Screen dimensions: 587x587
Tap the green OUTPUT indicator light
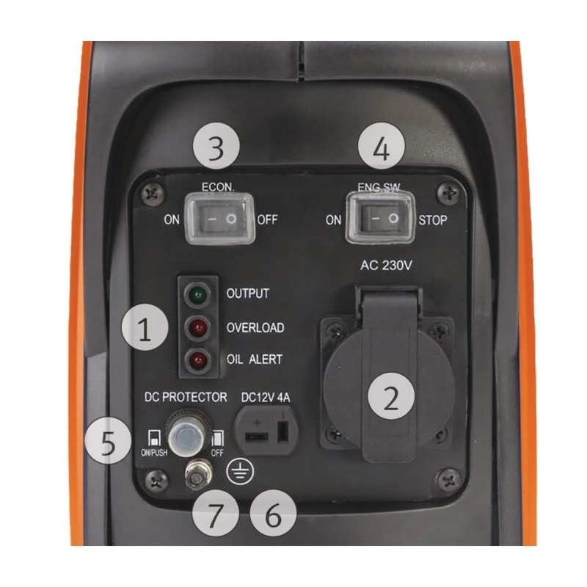196,295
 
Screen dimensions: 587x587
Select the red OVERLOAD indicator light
196,327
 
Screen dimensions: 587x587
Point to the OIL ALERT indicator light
196,360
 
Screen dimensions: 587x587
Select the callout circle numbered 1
144,329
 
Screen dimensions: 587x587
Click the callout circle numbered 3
216,147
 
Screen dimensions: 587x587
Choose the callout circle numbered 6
272,515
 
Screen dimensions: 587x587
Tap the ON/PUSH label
153,453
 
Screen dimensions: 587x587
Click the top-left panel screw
153,192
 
